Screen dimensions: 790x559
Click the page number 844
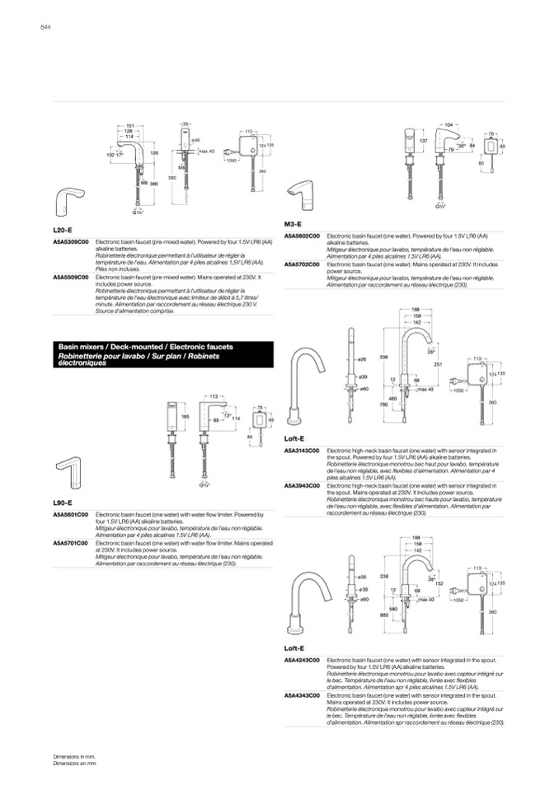click(x=46, y=28)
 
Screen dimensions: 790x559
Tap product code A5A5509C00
click(x=70, y=277)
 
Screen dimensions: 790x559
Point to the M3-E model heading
click(x=293, y=224)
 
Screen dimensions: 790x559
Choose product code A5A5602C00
click(x=302, y=236)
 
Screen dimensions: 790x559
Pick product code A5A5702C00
click(x=302, y=264)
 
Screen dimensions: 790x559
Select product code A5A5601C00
click(x=70, y=514)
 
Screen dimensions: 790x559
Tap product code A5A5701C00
click(x=70, y=543)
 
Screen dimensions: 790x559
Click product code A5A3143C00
click(x=302, y=451)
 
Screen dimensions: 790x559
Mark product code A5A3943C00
click(x=302, y=485)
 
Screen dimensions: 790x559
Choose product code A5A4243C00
click(x=302, y=661)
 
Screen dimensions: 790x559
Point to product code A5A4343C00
click(x=302, y=695)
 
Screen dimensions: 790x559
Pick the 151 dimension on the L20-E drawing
click(x=130, y=124)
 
